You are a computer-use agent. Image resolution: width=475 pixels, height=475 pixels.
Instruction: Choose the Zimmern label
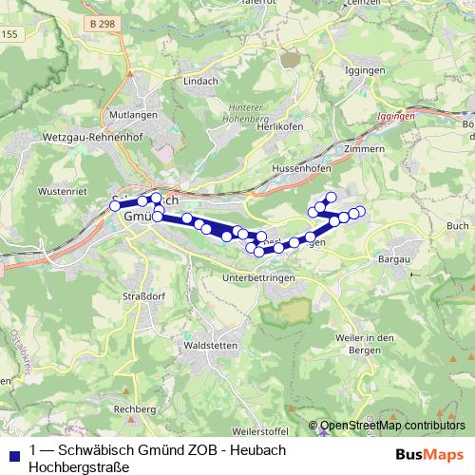coord(365,149)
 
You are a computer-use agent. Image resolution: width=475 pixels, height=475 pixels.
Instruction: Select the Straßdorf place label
coord(142,296)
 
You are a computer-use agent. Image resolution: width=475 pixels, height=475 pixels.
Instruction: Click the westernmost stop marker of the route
coord(115,205)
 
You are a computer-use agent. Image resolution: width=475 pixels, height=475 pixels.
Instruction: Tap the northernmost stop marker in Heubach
coord(331,197)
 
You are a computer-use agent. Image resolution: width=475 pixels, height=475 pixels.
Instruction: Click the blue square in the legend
coord(13,454)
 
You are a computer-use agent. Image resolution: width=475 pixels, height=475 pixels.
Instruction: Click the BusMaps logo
coord(423,454)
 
